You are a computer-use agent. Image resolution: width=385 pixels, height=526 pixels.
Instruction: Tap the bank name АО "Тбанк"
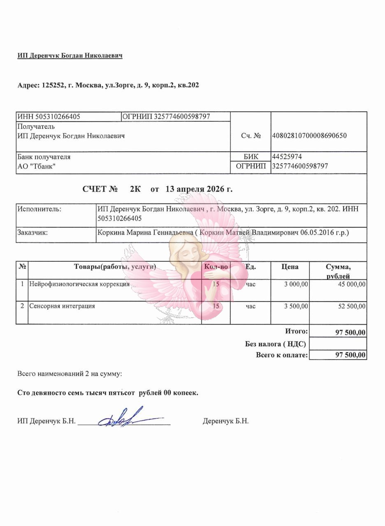[36, 166]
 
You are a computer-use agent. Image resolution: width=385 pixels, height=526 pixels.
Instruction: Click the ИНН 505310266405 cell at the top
[49, 117]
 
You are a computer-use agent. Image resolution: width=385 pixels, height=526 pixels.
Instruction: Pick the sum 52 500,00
[352, 306]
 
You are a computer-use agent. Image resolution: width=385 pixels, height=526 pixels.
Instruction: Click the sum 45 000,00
[352, 284]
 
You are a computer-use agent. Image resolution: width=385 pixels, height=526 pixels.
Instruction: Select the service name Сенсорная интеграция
[62, 306]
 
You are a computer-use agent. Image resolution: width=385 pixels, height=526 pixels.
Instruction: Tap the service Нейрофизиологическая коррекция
[79, 284]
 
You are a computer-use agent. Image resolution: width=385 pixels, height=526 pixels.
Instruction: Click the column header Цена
[290, 267]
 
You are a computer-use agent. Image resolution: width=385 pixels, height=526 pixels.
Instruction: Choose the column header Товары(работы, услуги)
[115, 267]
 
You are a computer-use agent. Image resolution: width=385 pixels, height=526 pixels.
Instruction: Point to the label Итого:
[296, 331]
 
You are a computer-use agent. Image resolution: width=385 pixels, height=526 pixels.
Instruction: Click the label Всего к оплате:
[282, 355]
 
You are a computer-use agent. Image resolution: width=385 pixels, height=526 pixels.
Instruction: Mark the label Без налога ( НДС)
[275, 344]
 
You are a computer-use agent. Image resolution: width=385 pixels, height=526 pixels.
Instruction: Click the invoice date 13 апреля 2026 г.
[199, 189]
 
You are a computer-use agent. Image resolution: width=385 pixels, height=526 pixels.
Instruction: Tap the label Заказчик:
[32, 233]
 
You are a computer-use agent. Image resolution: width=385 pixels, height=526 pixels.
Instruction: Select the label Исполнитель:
[39, 209]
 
